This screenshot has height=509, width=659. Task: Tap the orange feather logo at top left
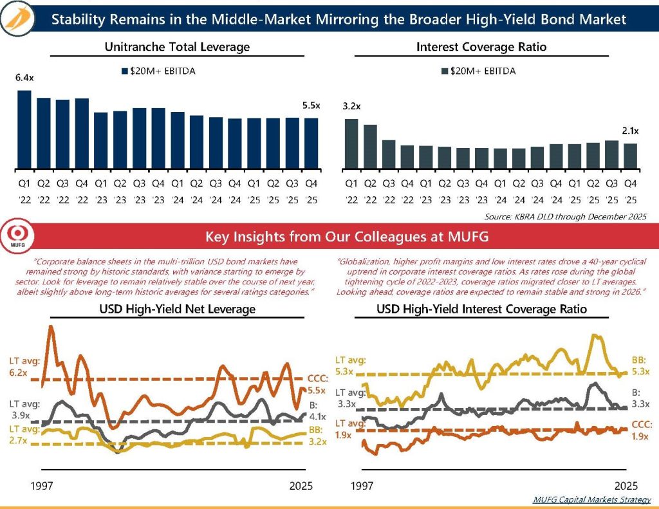(x=19, y=19)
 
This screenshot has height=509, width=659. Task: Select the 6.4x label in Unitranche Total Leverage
(x=24, y=78)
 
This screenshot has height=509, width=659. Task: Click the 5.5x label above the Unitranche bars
(x=311, y=106)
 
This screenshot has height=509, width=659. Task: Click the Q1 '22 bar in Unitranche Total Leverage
(x=24, y=129)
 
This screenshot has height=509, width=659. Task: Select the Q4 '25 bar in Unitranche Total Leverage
(x=311, y=143)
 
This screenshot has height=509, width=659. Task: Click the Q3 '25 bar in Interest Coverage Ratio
(x=611, y=154)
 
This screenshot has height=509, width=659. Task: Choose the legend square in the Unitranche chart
(x=125, y=71)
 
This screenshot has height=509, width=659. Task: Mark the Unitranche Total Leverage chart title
(x=177, y=47)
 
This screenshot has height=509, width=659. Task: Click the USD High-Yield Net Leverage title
(x=177, y=309)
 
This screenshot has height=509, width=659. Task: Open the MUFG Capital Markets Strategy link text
(x=592, y=499)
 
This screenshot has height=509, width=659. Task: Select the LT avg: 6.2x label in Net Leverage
(x=24, y=367)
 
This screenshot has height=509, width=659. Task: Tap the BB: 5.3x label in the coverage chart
(x=640, y=367)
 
